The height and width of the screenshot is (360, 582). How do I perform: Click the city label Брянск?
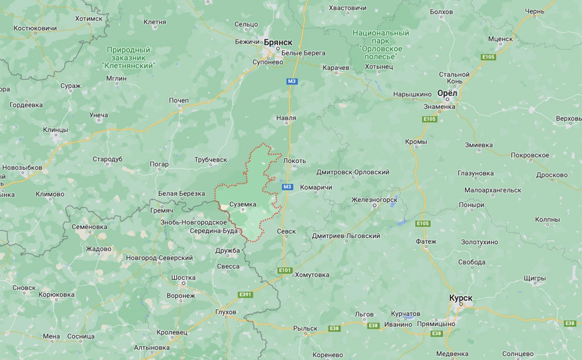click(279, 42)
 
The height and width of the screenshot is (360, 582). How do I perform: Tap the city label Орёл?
click(447, 93)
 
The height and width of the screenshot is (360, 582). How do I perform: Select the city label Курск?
click(461, 298)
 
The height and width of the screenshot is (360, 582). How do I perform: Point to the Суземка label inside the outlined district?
click(243, 204)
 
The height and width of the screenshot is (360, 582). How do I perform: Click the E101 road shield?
click(285, 271)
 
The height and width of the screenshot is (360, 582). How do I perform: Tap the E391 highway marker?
click(245, 294)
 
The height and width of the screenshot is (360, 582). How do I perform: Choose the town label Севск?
click(286, 231)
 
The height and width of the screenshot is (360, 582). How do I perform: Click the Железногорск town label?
click(374, 200)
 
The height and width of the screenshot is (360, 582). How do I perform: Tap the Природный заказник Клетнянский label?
click(128, 58)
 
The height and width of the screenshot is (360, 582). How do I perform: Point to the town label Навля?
click(286, 118)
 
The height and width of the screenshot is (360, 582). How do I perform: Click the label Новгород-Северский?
click(159, 258)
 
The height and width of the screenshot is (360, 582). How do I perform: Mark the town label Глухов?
click(226, 312)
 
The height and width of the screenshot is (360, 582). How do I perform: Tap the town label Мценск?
click(500, 38)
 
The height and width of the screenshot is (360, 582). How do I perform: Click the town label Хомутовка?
click(312, 275)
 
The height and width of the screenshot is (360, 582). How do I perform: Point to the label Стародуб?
click(108, 159)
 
